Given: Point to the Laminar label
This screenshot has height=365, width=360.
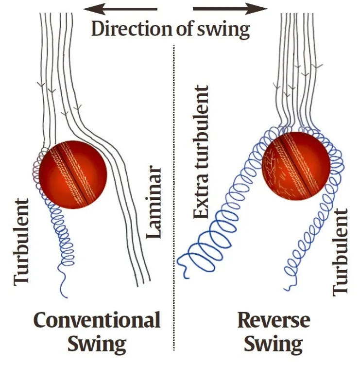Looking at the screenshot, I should coord(154,202).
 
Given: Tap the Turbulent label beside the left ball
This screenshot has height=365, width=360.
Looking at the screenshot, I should coord(22,241).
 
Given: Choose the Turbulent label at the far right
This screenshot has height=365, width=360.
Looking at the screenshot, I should coord(341,252).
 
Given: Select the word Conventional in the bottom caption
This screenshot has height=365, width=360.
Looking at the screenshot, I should coord(97,321).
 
